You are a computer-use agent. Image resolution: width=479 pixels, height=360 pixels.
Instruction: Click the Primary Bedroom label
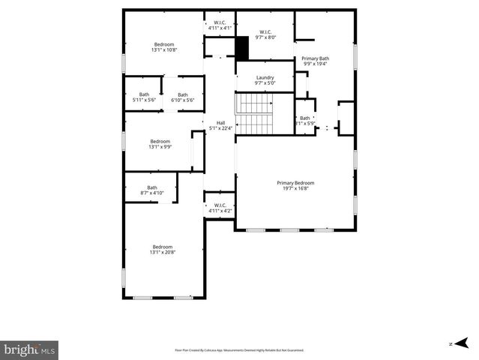click(295, 183)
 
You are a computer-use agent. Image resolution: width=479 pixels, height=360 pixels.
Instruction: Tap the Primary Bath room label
click(316, 58)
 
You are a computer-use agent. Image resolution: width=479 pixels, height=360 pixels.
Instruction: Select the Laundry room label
click(265, 77)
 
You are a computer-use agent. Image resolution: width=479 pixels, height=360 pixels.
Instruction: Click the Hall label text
click(220, 123)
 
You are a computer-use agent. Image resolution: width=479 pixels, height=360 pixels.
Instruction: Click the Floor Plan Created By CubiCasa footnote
click(239, 349)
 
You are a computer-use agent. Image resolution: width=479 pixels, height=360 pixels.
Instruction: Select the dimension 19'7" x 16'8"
click(295, 188)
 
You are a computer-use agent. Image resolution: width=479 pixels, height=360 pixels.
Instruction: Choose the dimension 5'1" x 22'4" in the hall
click(220, 128)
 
